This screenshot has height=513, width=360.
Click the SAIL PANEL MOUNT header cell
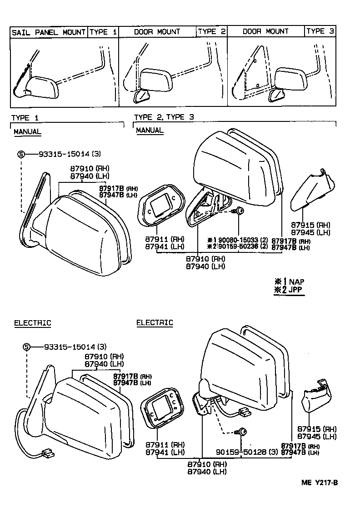pos(49,32)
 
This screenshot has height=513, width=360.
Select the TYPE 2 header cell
pos(211,32)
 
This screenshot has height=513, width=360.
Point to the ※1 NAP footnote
pos(289,282)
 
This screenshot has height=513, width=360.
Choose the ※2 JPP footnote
pos(289,290)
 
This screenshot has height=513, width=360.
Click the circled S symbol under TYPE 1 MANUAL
pos(21,154)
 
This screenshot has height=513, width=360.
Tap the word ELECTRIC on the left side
pos(32,323)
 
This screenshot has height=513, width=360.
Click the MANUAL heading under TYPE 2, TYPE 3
pos(150,131)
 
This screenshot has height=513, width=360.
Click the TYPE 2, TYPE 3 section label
pos(164,117)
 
